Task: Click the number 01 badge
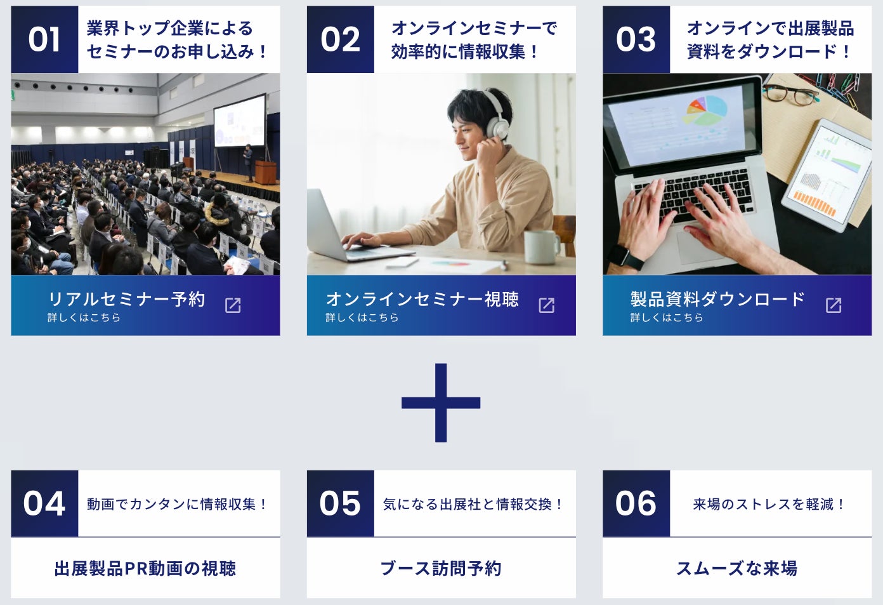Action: click(x=44, y=39)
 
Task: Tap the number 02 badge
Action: click(x=341, y=39)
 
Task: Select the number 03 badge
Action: click(x=636, y=39)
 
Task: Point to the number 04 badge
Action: click(x=44, y=503)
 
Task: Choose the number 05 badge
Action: click(x=341, y=503)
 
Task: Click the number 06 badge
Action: click(x=636, y=503)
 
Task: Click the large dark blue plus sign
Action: click(x=441, y=402)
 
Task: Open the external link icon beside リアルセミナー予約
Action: click(x=233, y=305)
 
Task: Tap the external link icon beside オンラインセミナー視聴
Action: click(x=547, y=305)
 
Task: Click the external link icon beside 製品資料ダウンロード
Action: click(x=834, y=305)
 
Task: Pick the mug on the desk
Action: click(x=542, y=247)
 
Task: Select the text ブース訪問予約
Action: click(x=441, y=568)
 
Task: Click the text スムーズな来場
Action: click(x=736, y=568)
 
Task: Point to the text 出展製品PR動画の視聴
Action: click(x=145, y=568)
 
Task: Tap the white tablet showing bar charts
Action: click(x=827, y=175)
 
